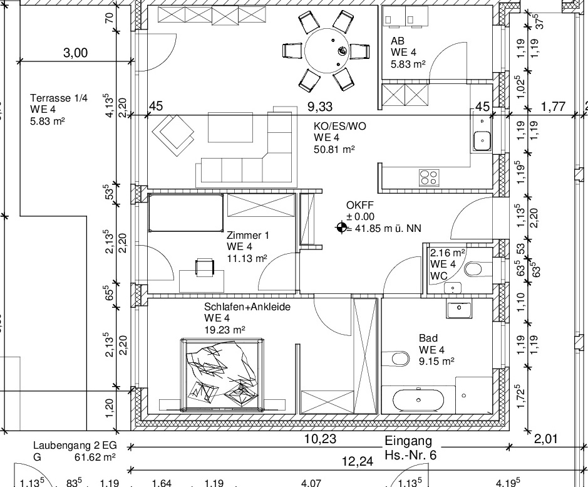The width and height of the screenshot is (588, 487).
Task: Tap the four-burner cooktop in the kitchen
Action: click(x=429, y=177)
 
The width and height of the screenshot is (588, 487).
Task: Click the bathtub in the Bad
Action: click(x=418, y=400)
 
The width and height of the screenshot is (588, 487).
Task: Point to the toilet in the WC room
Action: click(x=474, y=269)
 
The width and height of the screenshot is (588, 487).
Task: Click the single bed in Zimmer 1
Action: click(x=186, y=212)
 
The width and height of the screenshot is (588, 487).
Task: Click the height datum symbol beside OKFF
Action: click(x=341, y=228)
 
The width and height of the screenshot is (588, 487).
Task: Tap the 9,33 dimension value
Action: click(x=320, y=107)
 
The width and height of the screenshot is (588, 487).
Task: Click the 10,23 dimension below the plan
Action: click(x=320, y=439)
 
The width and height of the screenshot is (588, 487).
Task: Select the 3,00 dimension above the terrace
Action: click(x=75, y=53)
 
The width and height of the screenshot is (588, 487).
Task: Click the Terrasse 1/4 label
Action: click(x=59, y=98)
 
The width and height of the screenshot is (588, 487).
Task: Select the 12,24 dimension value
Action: click(x=358, y=461)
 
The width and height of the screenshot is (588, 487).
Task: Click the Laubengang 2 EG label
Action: click(x=75, y=446)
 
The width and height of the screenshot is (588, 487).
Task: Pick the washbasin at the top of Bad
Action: click(x=458, y=308)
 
